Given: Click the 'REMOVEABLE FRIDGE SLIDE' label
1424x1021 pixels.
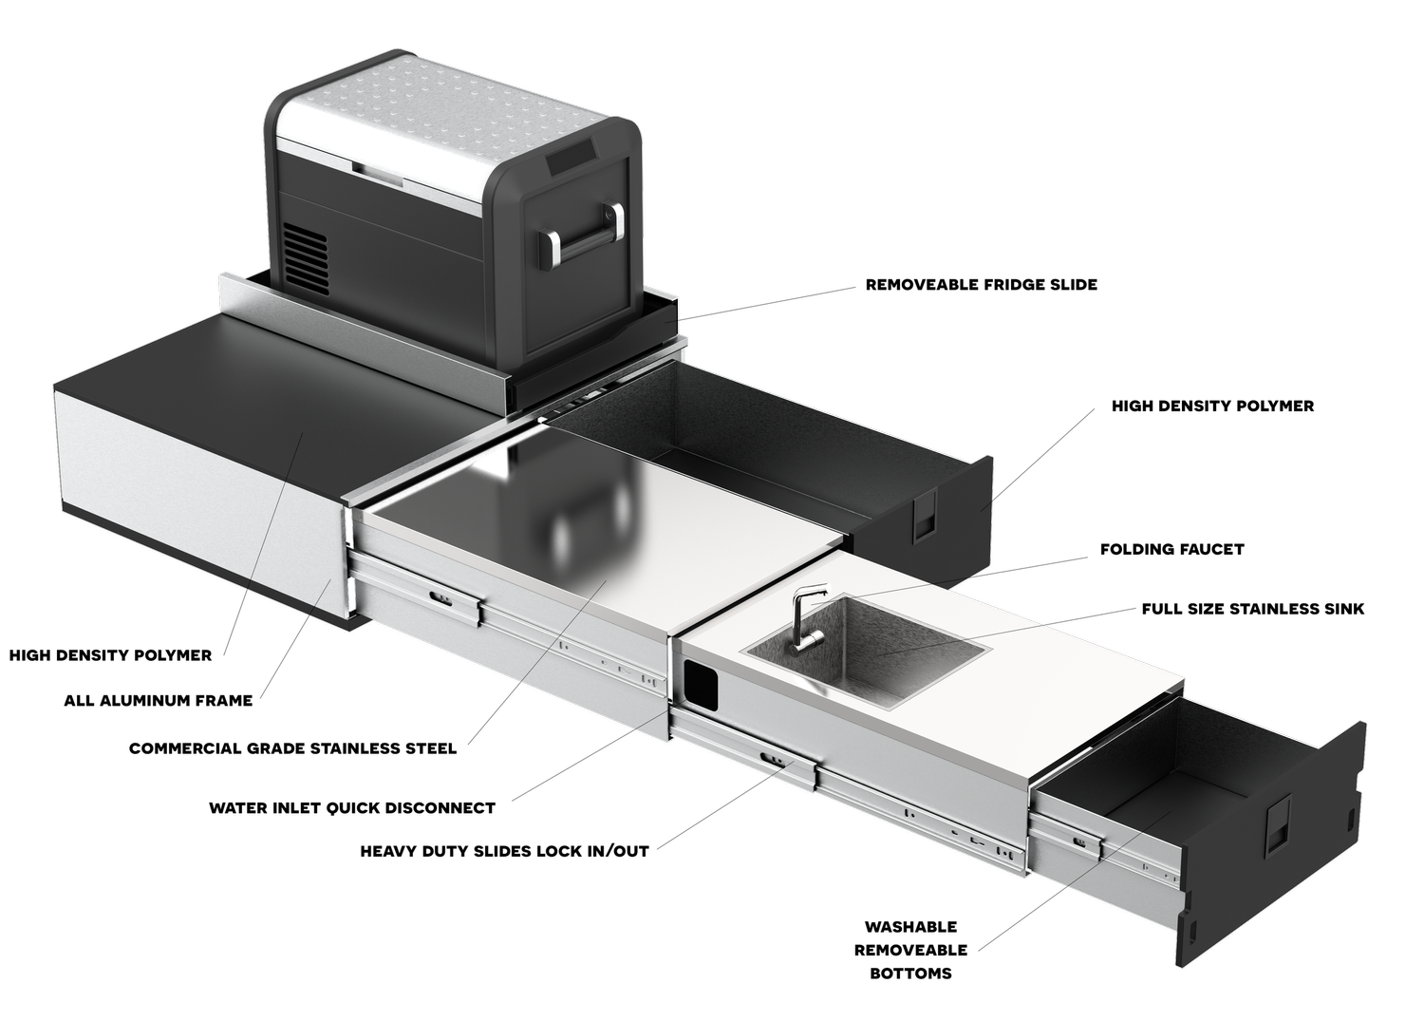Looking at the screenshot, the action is (982, 284).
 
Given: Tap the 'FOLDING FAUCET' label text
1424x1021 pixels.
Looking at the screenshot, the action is (1171, 549).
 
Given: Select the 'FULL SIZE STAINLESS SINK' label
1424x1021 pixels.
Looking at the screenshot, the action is (1253, 609).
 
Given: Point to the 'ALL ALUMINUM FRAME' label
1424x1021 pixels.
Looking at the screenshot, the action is (159, 700).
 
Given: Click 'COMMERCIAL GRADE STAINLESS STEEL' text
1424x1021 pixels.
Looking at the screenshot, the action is (293, 748).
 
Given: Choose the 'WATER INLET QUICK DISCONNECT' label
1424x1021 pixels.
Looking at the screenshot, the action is (352, 808).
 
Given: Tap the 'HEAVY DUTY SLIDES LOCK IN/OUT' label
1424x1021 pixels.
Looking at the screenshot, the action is (505, 851).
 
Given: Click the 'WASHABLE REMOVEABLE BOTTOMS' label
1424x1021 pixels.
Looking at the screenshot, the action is (911, 950).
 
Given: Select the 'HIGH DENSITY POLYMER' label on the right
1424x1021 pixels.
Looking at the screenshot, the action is (1212, 406).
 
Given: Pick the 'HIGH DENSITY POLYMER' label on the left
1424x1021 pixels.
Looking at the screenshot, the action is (111, 655).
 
